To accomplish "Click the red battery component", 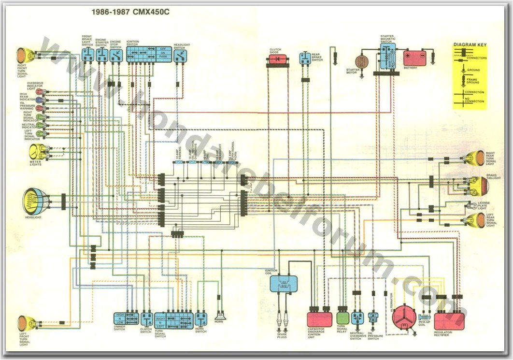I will (415, 58).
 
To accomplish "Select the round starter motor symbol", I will (361, 61).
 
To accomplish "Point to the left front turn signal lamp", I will (23, 322).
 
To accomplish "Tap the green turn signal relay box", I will (342, 317).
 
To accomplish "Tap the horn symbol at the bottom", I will (220, 317).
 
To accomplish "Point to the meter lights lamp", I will (38, 150).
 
